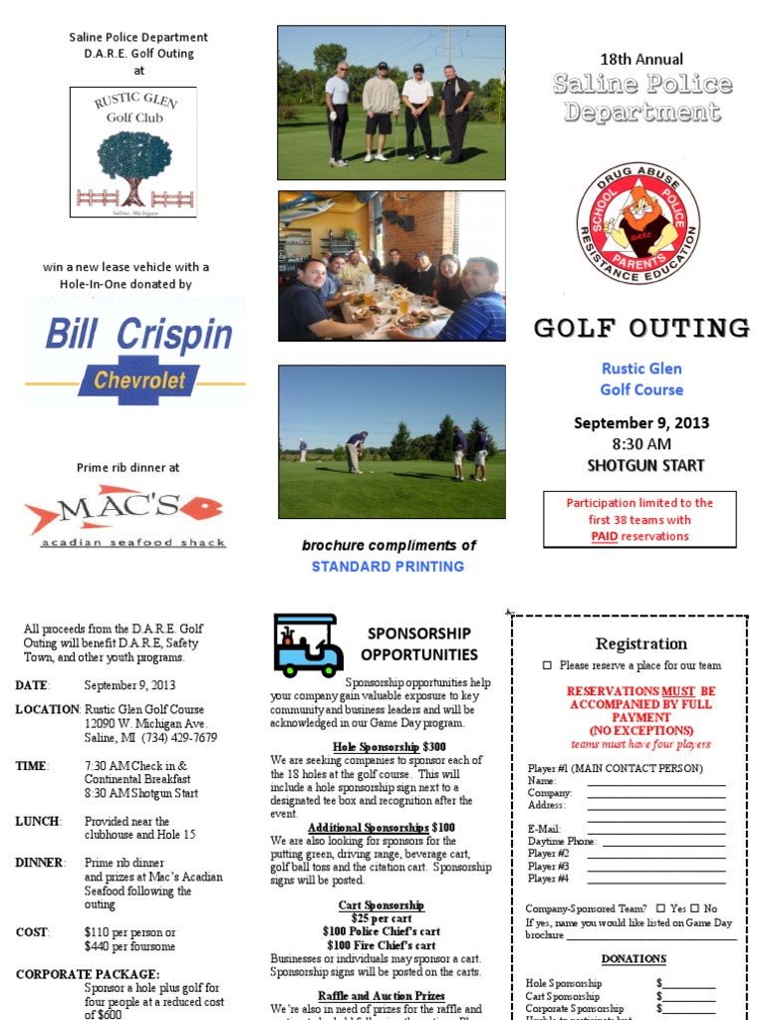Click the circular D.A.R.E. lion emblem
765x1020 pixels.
637,224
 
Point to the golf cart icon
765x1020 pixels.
308,645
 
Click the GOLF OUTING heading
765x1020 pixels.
641,328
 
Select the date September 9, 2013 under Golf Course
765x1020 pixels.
641,422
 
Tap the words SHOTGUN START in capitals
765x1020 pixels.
644,465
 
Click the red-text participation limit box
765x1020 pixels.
640,519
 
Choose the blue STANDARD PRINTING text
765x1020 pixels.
387,566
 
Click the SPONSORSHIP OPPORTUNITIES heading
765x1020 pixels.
418,643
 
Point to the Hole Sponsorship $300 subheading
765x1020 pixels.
376,746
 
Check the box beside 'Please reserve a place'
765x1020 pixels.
547,665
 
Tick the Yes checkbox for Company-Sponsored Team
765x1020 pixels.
660,908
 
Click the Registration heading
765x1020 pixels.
640,643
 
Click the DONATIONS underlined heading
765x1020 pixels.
634,958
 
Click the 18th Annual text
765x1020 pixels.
641,59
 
